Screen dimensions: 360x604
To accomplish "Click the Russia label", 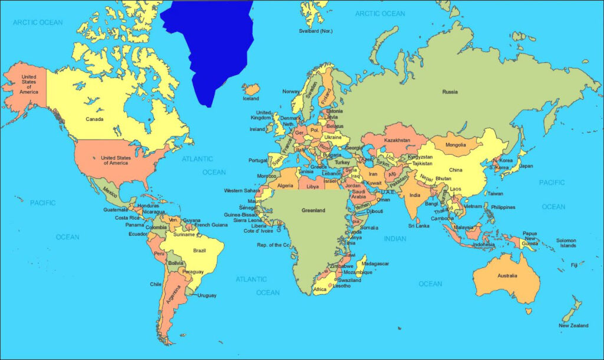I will point(451,91).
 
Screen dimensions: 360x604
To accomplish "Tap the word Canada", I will point(94,119).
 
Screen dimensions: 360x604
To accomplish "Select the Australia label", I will point(507,276).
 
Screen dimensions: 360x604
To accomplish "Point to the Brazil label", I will point(199,250).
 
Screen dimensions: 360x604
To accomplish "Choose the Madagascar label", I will point(375,264).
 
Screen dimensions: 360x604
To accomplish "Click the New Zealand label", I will point(573,326).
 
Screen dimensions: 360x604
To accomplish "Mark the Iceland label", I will point(251,99).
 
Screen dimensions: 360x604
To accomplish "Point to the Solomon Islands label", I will point(568,243).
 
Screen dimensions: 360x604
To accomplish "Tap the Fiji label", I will point(574,265).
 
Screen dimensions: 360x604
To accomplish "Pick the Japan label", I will point(526,166).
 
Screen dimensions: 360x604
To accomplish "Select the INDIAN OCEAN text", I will point(395,239).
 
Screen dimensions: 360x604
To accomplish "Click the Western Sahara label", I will point(242,191).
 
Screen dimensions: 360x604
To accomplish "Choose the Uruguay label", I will point(206,295).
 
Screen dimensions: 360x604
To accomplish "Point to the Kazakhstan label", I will point(396,140).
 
